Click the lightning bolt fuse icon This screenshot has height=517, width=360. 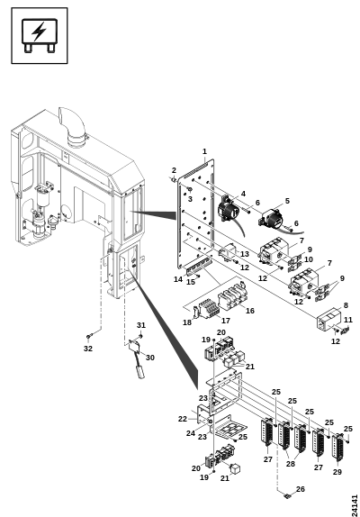pyautogui.click(x=40, y=36)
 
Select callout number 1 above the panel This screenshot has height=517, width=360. pyautogui.click(x=204, y=151)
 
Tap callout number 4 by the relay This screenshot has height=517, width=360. pyautogui.click(x=243, y=194)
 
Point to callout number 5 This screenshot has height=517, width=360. pyautogui.click(x=287, y=201)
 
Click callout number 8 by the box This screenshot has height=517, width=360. pyautogui.click(x=346, y=305)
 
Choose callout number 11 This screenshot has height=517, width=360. pyautogui.click(x=348, y=320)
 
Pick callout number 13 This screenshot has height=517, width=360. pyautogui.click(x=245, y=254)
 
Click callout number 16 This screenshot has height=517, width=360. pyautogui.click(x=250, y=311)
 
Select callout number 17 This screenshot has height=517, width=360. pyautogui.click(x=226, y=321)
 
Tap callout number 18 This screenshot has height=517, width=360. pyautogui.click(x=187, y=322)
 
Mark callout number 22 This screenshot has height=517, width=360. pyautogui.click(x=183, y=419)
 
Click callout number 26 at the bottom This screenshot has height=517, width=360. pyautogui.click(x=301, y=489)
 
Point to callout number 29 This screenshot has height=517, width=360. pyautogui.click(x=337, y=472)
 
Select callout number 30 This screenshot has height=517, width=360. pyautogui.click(x=150, y=358)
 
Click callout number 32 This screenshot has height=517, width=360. pyautogui.click(x=88, y=349)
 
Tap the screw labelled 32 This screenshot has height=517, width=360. pyautogui.click(x=89, y=336)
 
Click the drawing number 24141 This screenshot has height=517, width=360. pyautogui.click(x=354, y=505)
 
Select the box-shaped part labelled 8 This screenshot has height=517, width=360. pyautogui.click(x=328, y=319)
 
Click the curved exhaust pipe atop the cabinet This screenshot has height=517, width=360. pyautogui.click(x=73, y=127)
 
